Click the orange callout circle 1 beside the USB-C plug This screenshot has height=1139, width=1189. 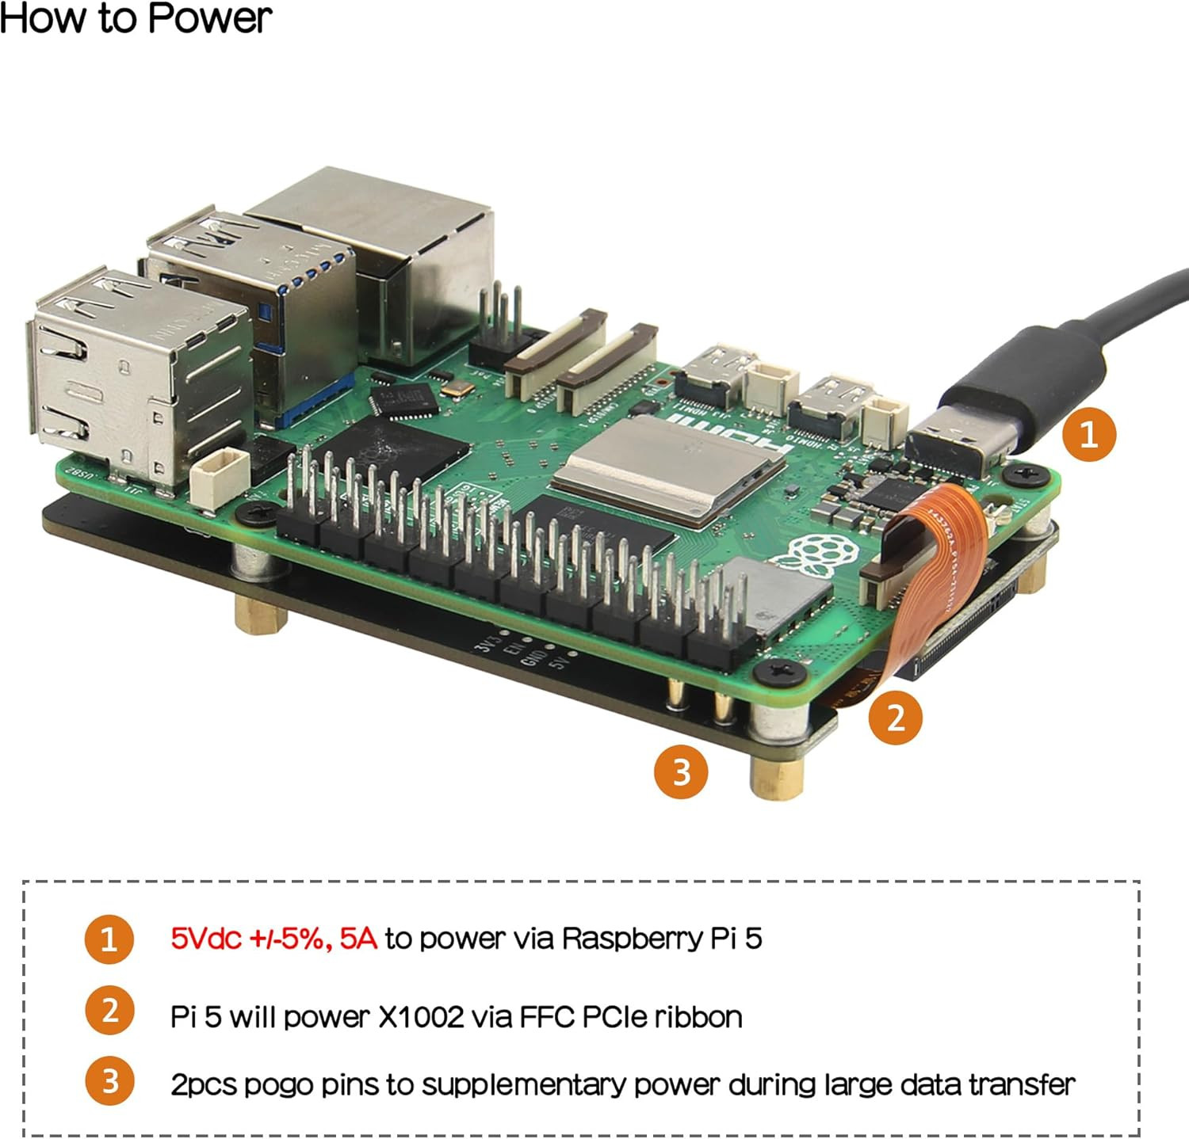tap(1088, 434)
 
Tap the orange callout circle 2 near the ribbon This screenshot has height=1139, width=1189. tap(895, 718)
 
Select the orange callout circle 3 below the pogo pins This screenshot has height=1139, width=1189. tap(681, 771)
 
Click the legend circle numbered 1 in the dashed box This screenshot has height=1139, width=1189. tap(109, 939)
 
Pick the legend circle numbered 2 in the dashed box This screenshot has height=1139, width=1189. tap(109, 1011)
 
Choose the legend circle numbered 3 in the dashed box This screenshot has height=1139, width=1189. tap(109, 1081)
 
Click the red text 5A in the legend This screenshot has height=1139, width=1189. tap(358, 939)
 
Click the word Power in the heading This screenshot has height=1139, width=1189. tap(209, 19)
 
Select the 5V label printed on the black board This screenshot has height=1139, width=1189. tap(560, 659)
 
